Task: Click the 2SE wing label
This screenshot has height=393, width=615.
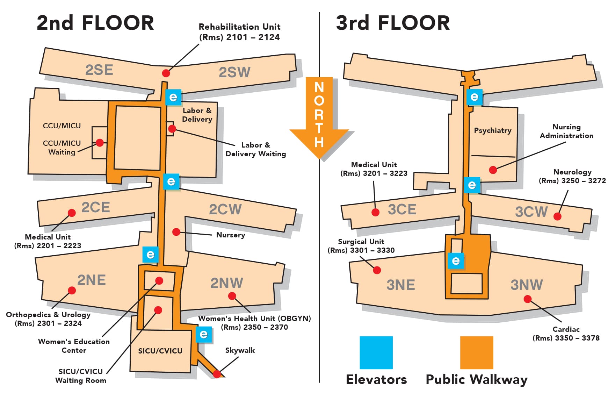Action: (x=99, y=70)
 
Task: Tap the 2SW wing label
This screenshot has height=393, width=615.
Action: (x=234, y=72)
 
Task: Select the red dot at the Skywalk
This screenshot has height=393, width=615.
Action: (x=217, y=374)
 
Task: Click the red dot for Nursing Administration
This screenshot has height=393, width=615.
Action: (x=493, y=170)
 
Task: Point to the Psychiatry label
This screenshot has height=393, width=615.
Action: (x=493, y=130)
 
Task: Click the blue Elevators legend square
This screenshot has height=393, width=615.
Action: (x=376, y=352)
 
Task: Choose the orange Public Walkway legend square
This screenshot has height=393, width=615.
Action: (x=477, y=352)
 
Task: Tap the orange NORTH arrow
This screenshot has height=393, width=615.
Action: (x=319, y=115)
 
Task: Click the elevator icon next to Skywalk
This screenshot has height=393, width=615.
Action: (x=204, y=335)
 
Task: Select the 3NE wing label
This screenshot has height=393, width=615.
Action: (x=401, y=285)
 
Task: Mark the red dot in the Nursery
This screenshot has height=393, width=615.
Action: (x=176, y=232)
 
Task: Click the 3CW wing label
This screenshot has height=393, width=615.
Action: (x=531, y=212)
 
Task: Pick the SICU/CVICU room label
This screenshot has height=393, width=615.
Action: (x=160, y=351)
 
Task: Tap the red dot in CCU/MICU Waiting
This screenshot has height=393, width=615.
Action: (x=100, y=143)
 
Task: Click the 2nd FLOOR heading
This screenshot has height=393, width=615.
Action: (x=95, y=23)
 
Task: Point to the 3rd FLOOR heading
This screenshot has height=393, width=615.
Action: (x=393, y=23)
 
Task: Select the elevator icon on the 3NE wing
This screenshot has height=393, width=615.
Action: (x=456, y=261)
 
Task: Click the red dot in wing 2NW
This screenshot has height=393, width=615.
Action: (x=232, y=296)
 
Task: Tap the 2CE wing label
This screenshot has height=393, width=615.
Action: (x=96, y=207)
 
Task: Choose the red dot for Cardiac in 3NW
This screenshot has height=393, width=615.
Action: (x=528, y=299)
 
